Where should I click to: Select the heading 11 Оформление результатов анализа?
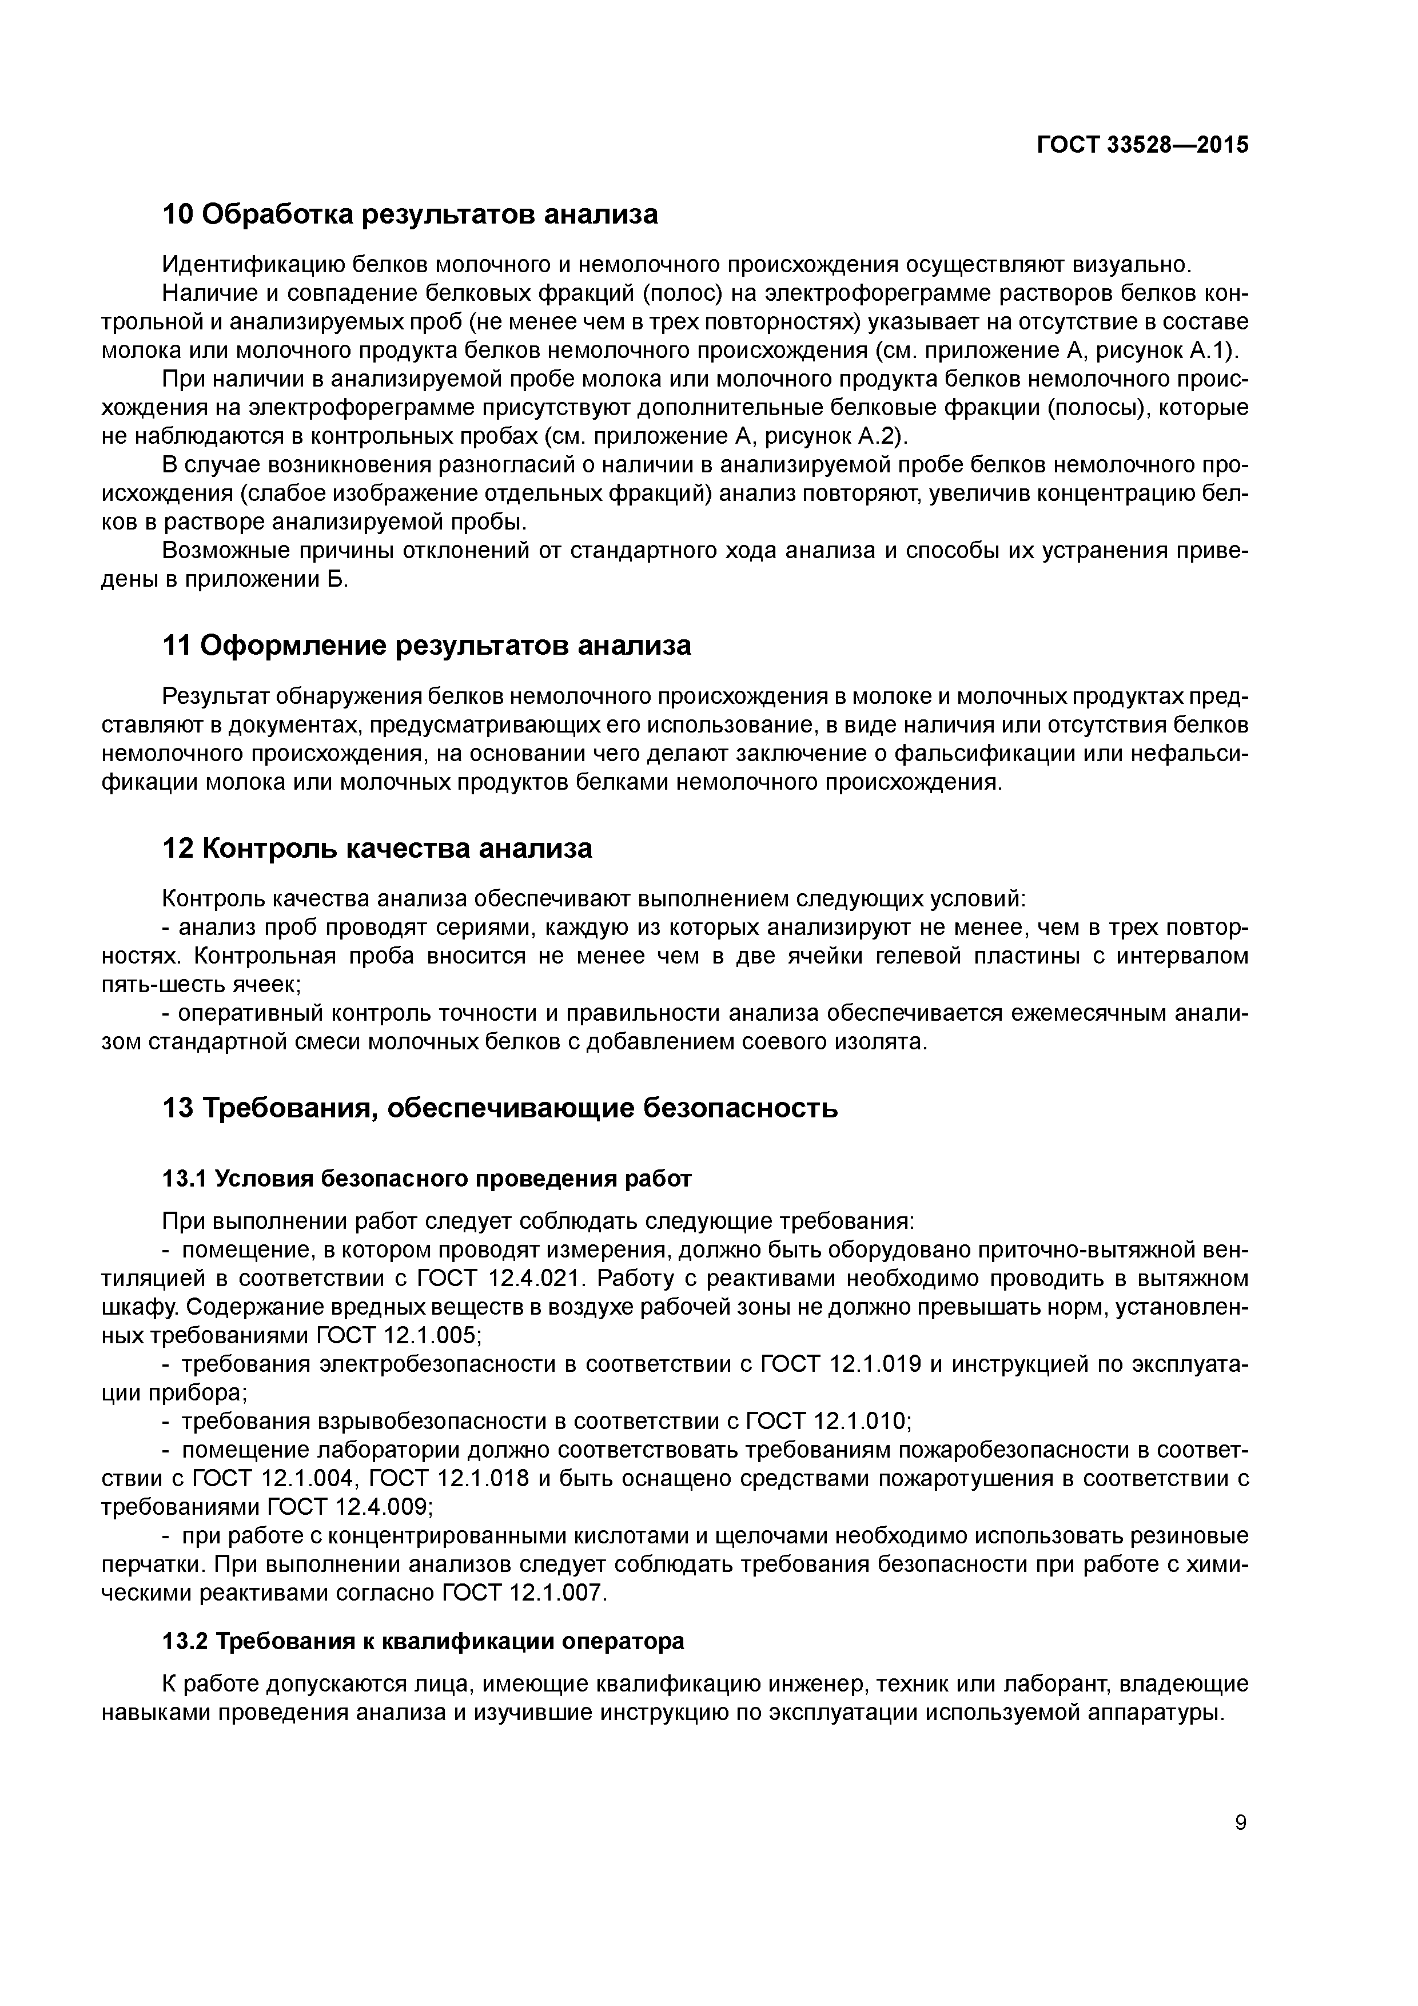pyautogui.click(x=427, y=646)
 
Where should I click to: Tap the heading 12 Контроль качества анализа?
pyautogui.click(x=377, y=849)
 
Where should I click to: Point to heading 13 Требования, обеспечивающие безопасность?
pyautogui.click(x=500, y=1108)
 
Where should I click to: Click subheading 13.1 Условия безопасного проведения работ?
pyautogui.click(x=427, y=1179)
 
